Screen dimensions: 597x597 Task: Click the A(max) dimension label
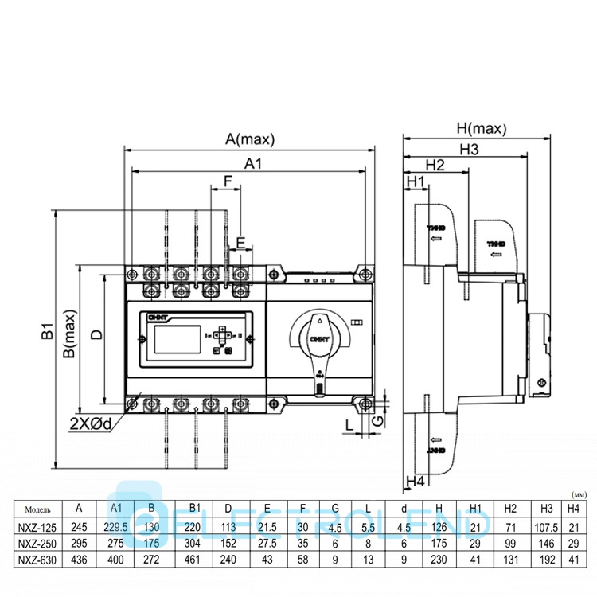(x=249, y=139)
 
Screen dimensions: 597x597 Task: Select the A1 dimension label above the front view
(x=253, y=163)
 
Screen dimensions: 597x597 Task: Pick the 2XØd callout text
(x=91, y=424)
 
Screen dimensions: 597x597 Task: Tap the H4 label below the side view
(x=415, y=481)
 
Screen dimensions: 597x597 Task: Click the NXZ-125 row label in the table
(x=39, y=526)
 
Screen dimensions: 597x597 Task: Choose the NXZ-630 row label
(x=39, y=560)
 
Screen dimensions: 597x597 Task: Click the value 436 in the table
(x=78, y=560)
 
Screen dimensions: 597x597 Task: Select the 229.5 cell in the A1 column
(x=115, y=526)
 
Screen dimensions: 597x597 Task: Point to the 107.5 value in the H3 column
(x=546, y=526)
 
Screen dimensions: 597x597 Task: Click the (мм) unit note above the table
(x=579, y=494)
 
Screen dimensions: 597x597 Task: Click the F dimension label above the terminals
(x=228, y=181)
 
